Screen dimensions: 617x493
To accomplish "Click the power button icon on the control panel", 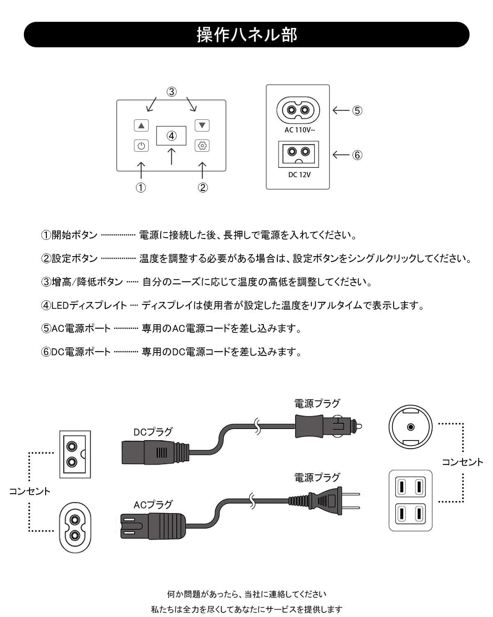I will (141, 146).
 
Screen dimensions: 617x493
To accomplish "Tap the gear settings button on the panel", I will (202, 146).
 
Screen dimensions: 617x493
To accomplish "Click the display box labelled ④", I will (171, 136).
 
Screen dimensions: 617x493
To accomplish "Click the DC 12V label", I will (299, 174).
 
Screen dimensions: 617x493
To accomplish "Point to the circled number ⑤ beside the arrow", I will (357, 110).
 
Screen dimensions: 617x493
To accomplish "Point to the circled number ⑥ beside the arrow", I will (357, 155).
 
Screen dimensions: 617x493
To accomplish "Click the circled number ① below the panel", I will (141, 188).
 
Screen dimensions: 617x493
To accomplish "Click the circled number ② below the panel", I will (203, 188).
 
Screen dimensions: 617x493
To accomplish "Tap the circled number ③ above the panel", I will (171, 92).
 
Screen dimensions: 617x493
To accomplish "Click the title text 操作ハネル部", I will (246, 35).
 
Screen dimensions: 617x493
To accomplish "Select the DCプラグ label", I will (153, 432).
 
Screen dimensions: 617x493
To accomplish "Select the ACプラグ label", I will (153, 504).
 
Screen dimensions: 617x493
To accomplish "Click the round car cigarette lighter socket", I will (410, 427).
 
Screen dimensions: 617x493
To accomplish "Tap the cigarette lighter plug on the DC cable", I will (327, 426).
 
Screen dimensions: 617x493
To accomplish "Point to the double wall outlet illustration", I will (410, 501).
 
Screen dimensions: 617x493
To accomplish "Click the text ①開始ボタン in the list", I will (69, 235).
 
